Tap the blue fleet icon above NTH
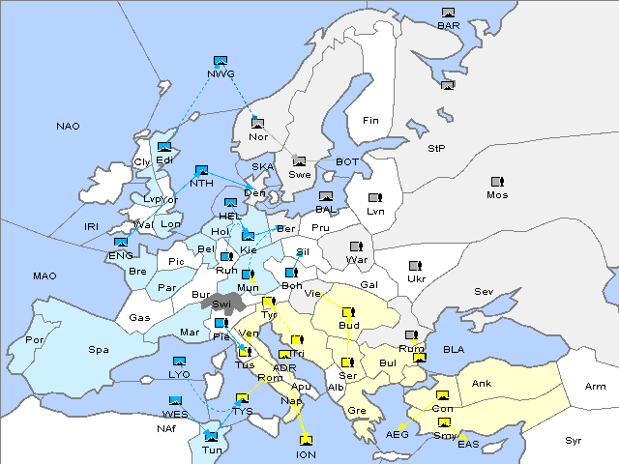(x=201, y=170)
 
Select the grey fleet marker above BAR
(x=448, y=13)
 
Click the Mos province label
(x=497, y=194)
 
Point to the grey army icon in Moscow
(x=497, y=181)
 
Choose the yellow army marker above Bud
(x=348, y=312)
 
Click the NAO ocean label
(x=69, y=127)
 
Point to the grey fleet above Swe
(x=299, y=161)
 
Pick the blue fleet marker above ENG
(x=121, y=243)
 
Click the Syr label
(x=574, y=440)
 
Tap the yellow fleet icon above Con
(x=443, y=396)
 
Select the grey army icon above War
(x=356, y=246)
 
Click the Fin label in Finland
(x=369, y=121)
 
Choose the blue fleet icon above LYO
(x=179, y=361)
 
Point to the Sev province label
(x=484, y=291)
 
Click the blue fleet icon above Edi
(x=164, y=147)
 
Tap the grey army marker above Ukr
(x=416, y=265)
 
